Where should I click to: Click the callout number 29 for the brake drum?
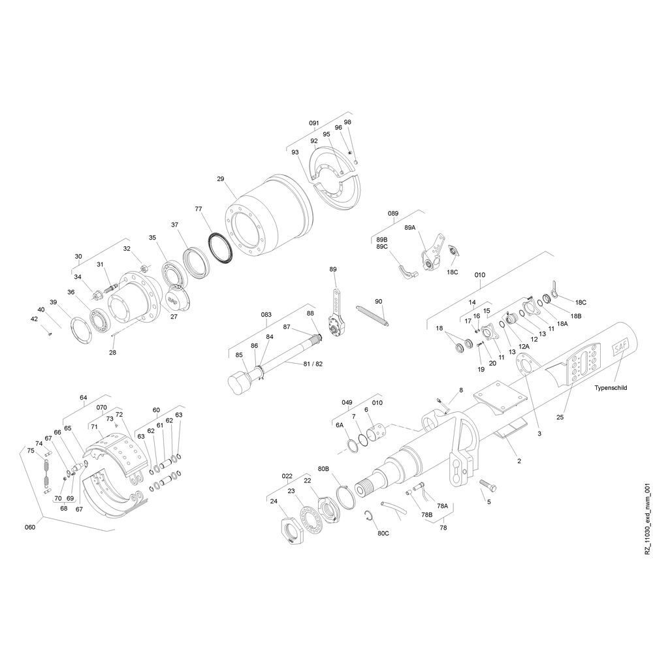click(x=221, y=179)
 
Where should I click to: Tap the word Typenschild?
click(x=611, y=388)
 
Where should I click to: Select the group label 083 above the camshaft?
click(x=266, y=315)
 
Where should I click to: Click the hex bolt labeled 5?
click(x=488, y=485)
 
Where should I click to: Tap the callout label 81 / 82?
click(x=313, y=364)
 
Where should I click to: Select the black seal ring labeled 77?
click(x=221, y=248)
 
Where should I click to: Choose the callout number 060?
click(x=30, y=527)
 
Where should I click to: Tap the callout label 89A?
click(x=410, y=227)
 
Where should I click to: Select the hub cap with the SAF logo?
click(x=176, y=297)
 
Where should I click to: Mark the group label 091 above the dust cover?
click(x=313, y=123)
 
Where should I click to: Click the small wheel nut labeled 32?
click(x=142, y=268)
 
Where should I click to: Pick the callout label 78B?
click(x=427, y=515)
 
